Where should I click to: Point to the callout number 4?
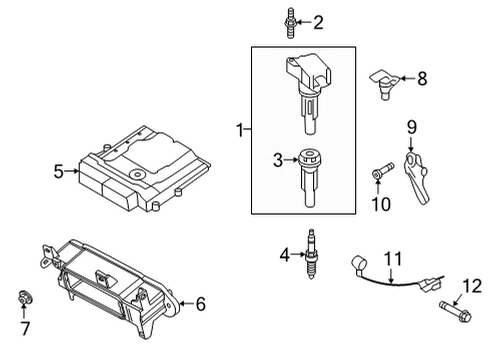[285, 257]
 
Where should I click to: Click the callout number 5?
[59, 171]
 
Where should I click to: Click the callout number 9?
[410, 126]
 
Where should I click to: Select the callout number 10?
[380, 204]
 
